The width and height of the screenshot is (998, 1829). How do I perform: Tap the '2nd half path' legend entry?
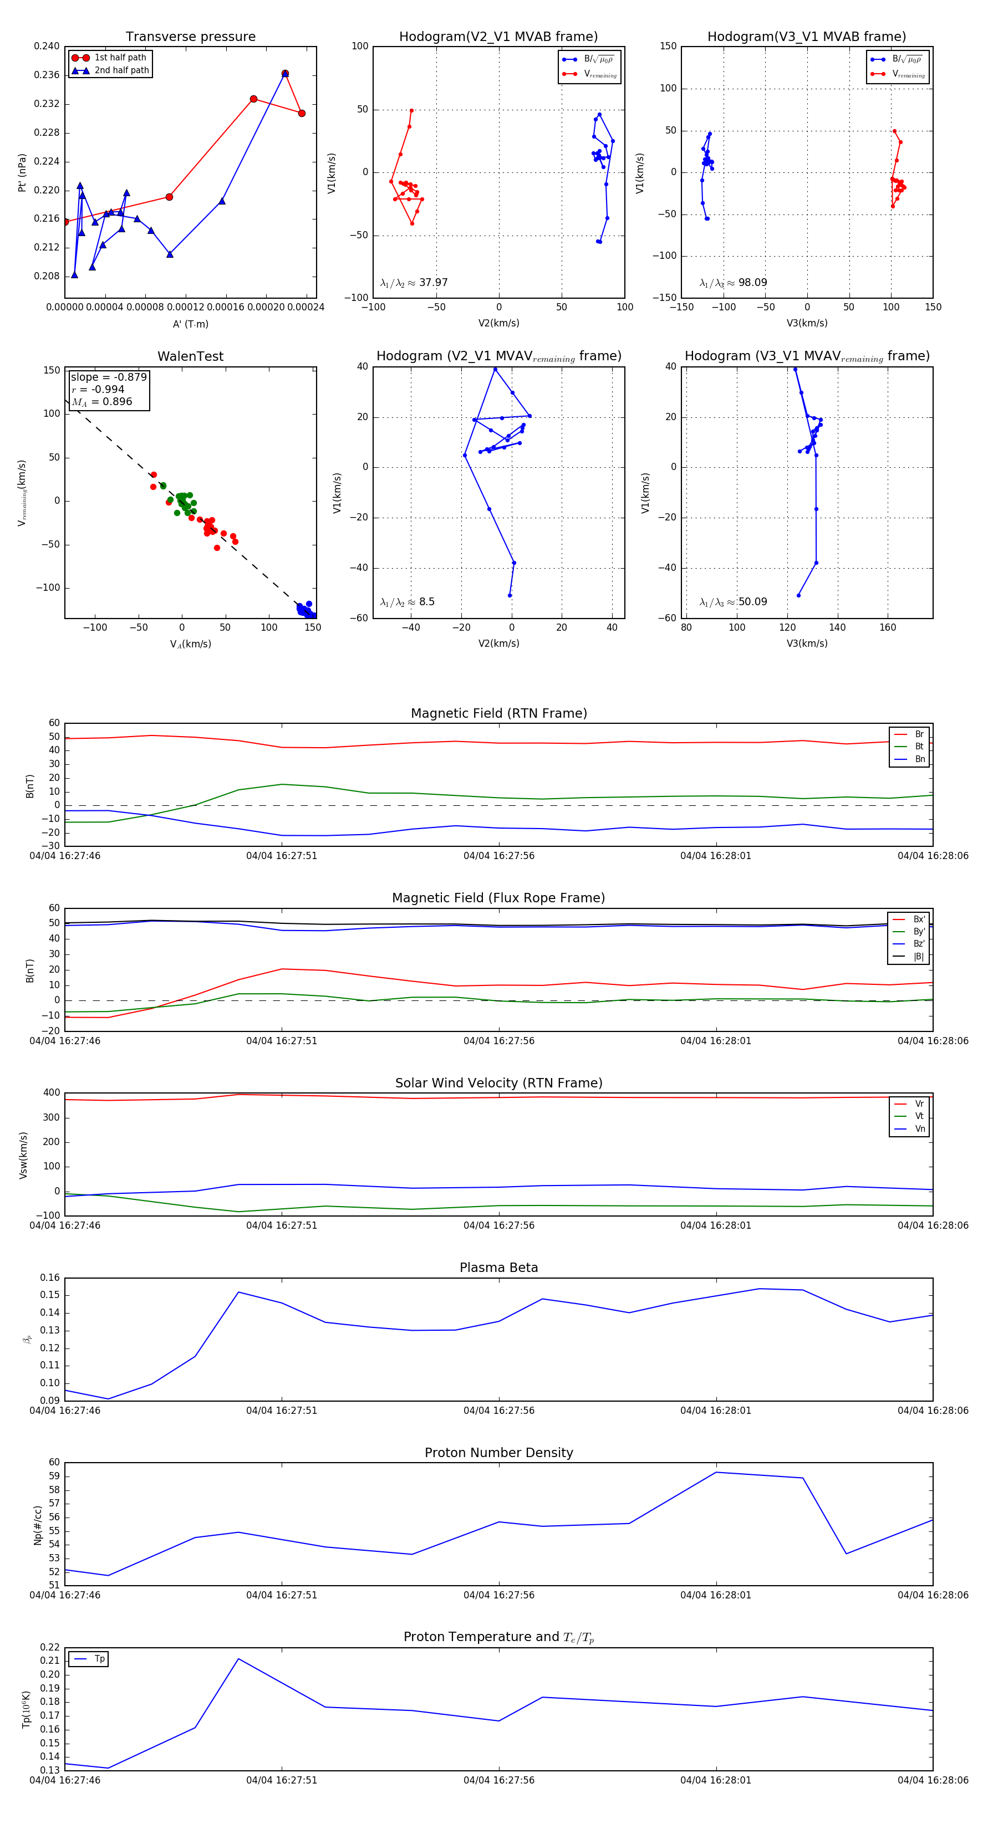pyautogui.click(x=121, y=70)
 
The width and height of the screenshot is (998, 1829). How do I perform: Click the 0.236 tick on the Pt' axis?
pyautogui.click(x=47, y=75)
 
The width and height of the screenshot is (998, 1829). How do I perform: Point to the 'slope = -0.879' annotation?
pyautogui.click(x=109, y=377)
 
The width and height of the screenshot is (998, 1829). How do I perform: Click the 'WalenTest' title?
pyautogui.click(x=190, y=356)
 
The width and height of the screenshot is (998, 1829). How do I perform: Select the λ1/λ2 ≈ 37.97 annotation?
pyautogui.click(x=414, y=283)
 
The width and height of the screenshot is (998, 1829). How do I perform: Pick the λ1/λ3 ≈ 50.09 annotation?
pyautogui.click(x=733, y=602)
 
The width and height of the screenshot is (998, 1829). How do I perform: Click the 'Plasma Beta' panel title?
pyautogui.click(x=498, y=1268)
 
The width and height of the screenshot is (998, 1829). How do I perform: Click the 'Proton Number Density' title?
pyautogui.click(x=498, y=1453)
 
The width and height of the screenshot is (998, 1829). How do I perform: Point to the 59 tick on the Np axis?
pyautogui.click(x=54, y=1476)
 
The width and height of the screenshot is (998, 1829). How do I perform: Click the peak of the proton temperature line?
pyautogui.click(x=238, y=1659)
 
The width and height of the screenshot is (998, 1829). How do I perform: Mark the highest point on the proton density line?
pyautogui.click(x=716, y=1472)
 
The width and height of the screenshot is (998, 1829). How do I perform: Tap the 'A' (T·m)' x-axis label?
pyautogui.click(x=190, y=324)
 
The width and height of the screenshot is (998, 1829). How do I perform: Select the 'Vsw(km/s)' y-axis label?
pyautogui.click(x=23, y=1155)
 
